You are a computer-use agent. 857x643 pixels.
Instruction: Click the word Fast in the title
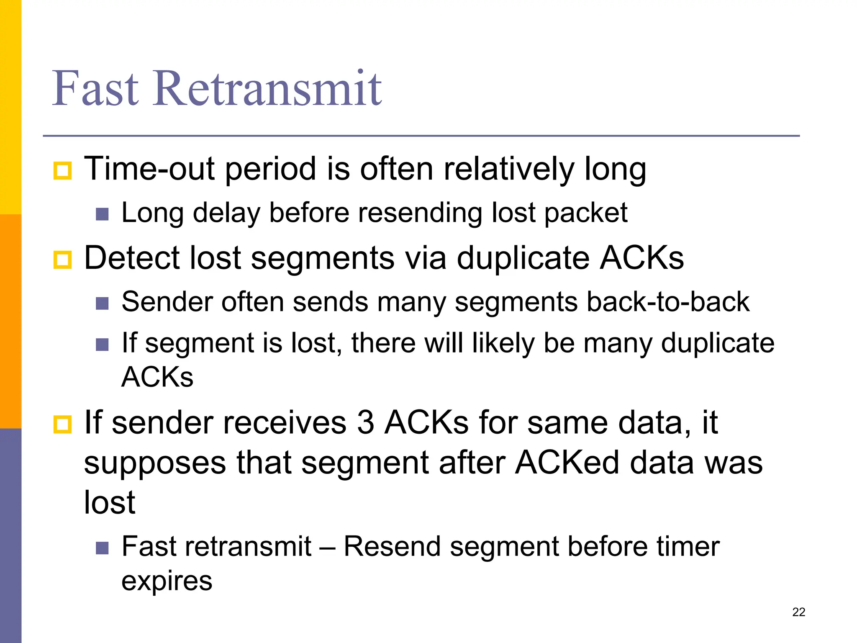point(95,89)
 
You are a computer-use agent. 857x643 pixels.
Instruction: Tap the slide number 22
point(798,612)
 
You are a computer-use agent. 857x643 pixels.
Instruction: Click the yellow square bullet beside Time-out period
point(63,171)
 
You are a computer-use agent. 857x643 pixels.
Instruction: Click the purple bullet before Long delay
point(102,214)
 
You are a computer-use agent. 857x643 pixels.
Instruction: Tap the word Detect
point(132,258)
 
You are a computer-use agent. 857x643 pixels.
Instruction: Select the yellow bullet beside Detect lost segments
point(63,260)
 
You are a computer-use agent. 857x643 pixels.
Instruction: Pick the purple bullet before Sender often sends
point(102,303)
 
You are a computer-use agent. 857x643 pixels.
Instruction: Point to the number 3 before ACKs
point(365,422)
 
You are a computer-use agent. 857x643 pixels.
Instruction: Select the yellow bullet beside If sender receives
point(63,424)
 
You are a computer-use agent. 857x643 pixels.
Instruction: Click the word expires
point(167,581)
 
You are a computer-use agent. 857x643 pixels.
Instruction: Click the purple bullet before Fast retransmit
point(102,548)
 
